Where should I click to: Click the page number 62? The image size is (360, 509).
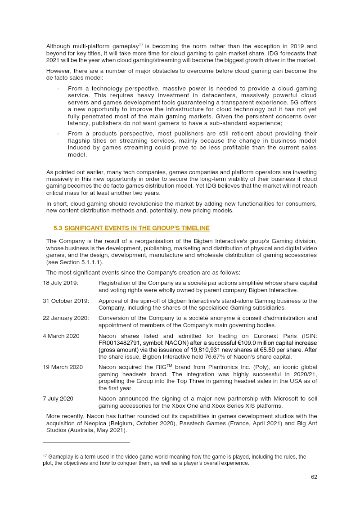(314, 477)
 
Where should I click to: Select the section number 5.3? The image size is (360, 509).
(58, 229)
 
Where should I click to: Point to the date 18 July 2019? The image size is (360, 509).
(61, 283)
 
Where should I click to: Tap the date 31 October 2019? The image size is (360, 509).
(66, 301)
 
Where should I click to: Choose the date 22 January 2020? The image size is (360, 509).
(66, 318)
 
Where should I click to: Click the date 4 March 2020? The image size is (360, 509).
(61, 336)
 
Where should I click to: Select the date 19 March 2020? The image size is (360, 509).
(63, 367)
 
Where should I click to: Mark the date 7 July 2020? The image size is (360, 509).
(58, 399)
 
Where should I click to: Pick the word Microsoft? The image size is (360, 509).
(269, 399)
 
